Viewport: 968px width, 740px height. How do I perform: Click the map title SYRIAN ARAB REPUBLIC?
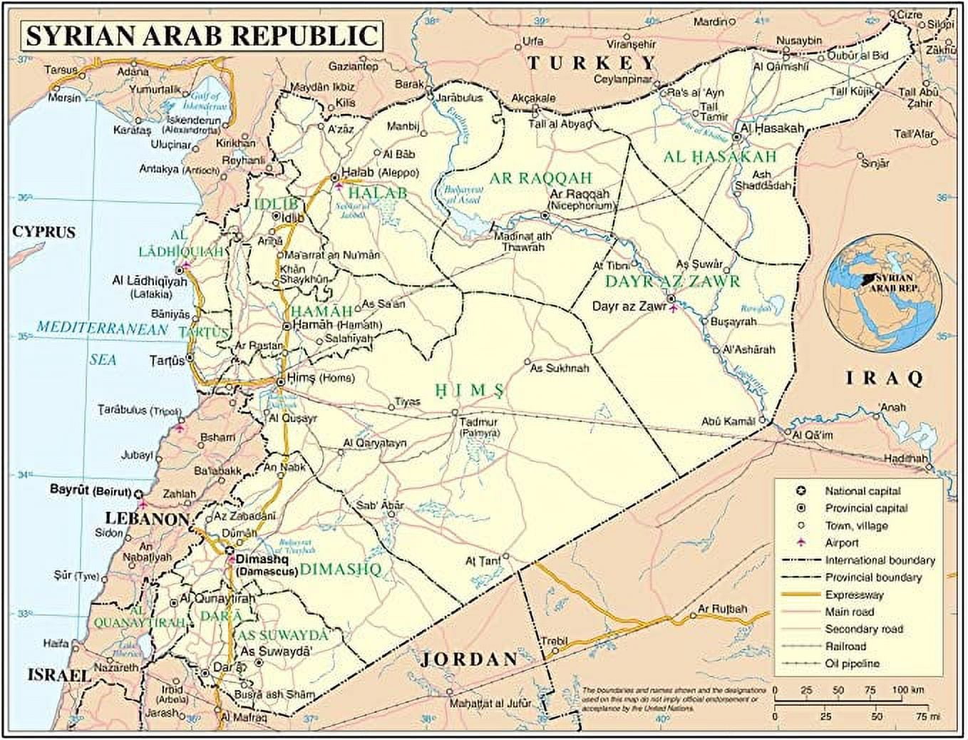(201, 34)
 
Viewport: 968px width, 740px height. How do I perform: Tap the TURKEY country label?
(590, 63)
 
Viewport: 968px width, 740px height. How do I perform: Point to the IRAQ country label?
(884, 378)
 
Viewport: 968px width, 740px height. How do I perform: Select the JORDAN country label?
(468, 659)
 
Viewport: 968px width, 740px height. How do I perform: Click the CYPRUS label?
(43, 232)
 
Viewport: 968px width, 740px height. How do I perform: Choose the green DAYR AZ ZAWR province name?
(672, 282)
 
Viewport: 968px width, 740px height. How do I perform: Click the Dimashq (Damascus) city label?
(265, 565)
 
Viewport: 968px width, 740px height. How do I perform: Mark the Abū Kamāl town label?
(727, 421)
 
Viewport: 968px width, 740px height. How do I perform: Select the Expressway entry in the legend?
(854, 595)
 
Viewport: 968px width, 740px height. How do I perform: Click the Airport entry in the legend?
(842, 543)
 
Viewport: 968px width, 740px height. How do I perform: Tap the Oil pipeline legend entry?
(852, 664)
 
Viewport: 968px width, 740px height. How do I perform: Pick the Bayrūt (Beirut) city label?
(90, 491)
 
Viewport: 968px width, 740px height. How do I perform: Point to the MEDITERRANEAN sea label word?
(102, 329)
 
